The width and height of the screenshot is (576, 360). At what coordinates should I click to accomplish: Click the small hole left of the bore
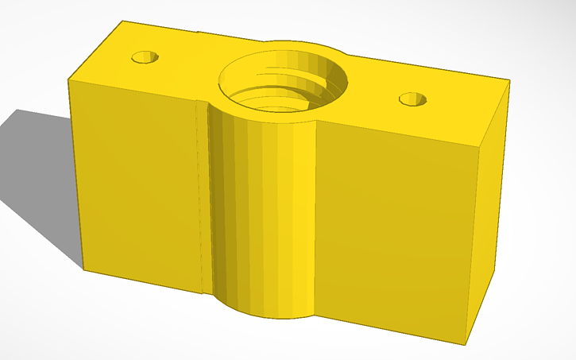(x=145, y=57)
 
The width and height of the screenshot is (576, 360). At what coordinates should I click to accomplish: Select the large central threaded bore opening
(x=283, y=79)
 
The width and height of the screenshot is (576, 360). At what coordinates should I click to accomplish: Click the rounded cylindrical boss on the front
(x=262, y=215)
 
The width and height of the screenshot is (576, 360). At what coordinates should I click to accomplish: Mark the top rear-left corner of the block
(x=121, y=21)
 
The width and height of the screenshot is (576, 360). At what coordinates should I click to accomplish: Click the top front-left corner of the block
(x=70, y=78)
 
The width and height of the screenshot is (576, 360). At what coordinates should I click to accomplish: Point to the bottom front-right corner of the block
(x=465, y=344)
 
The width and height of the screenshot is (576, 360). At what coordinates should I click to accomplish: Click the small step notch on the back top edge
(x=198, y=33)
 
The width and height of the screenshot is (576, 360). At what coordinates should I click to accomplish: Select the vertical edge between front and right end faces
(x=474, y=246)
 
